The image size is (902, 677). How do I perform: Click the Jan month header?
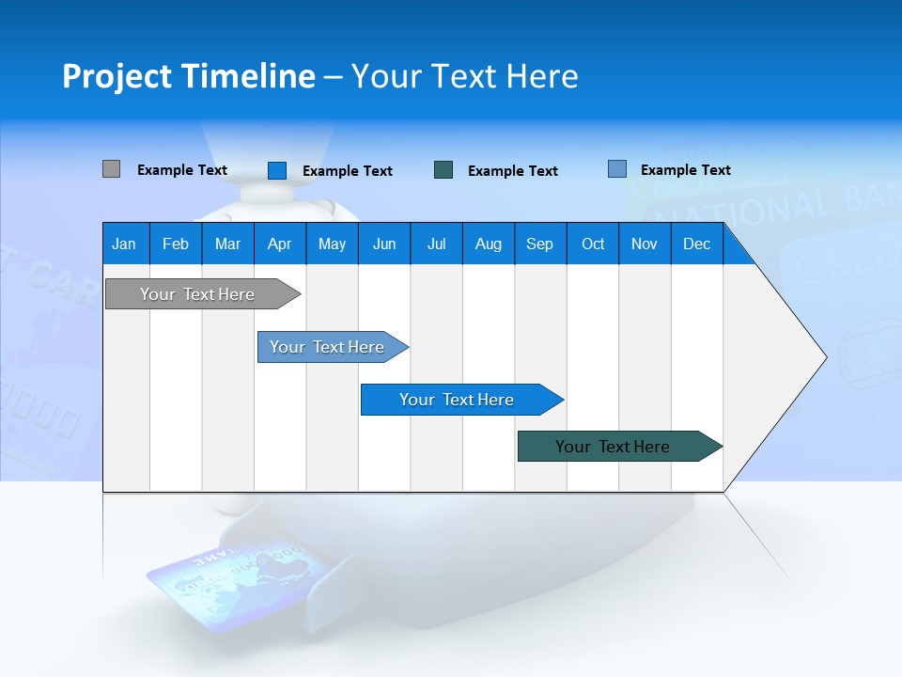pos(124,244)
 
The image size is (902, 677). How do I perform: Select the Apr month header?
pos(279,244)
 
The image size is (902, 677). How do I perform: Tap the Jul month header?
pos(436,244)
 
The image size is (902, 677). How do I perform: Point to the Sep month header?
pos(539,244)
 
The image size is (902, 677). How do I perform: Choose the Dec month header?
pos(696,244)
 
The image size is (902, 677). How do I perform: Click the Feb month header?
pos(176,244)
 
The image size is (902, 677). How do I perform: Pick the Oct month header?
pos(593,244)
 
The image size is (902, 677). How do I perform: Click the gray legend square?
pos(111,169)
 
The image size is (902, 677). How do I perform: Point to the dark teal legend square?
pos(443,170)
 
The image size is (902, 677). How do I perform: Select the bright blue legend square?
pos(277,170)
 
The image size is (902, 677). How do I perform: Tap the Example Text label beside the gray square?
pos(182,170)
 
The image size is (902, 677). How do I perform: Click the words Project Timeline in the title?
pos(188,76)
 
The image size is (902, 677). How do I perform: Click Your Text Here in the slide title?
pos(465,76)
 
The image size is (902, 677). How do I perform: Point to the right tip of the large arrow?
pos(824,357)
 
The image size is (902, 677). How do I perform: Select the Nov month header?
pos(645,244)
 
